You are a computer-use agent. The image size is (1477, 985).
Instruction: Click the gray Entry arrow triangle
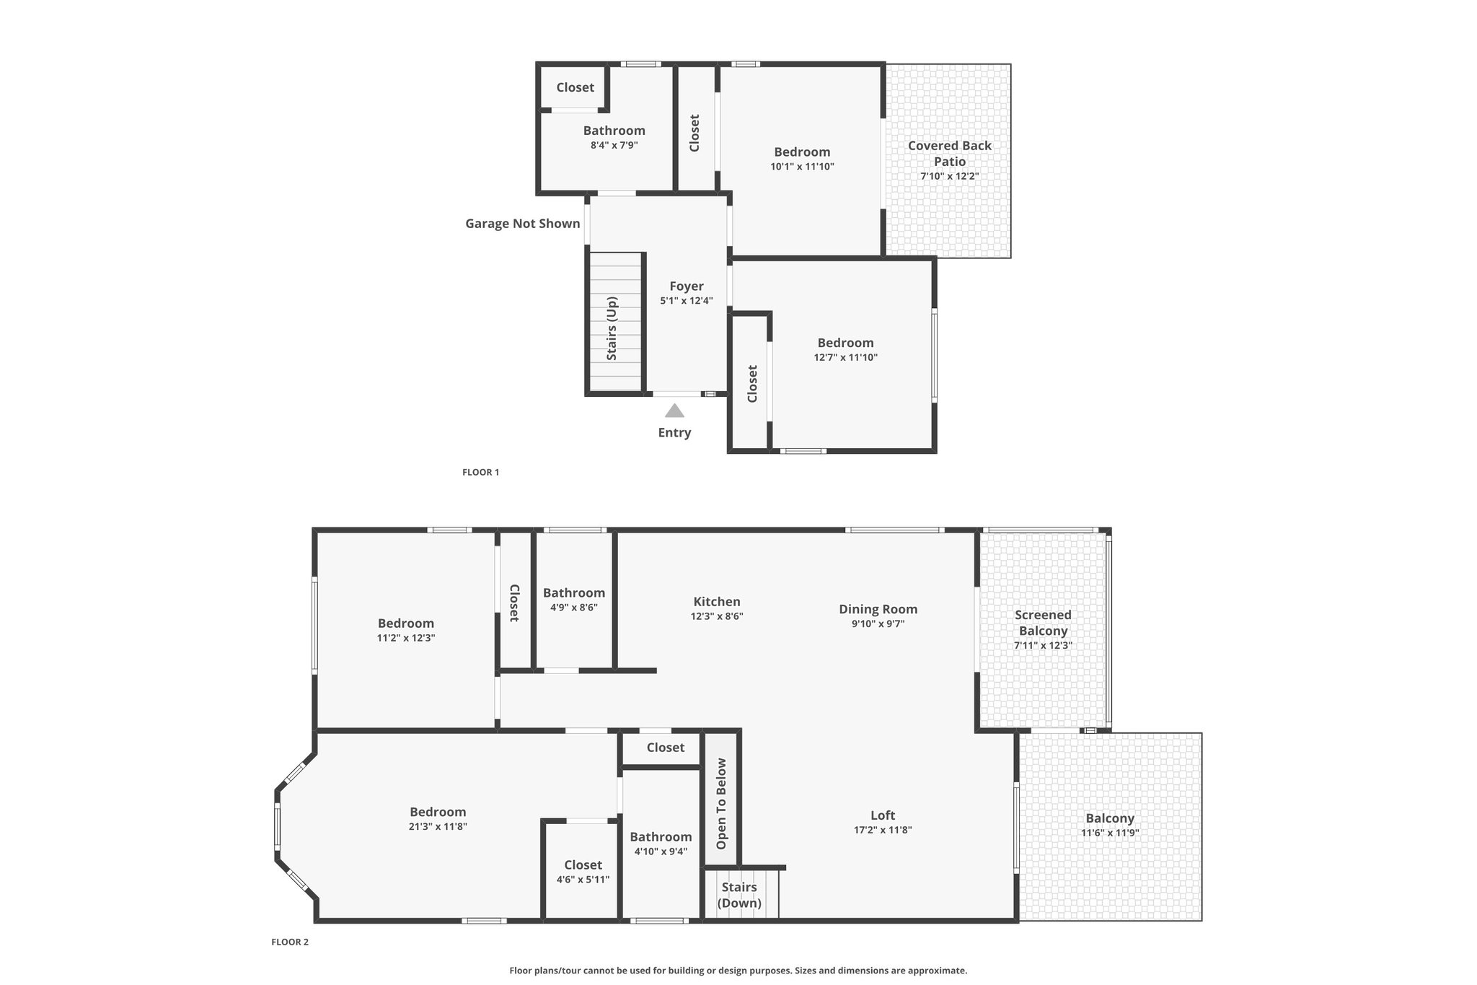point(674,411)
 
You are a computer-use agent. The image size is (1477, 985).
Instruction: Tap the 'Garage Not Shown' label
point(523,224)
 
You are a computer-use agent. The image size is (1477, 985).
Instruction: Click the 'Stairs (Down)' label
point(740,895)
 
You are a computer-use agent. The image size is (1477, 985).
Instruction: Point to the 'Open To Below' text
point(722,804)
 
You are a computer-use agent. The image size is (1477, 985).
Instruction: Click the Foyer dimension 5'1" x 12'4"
point(687,301)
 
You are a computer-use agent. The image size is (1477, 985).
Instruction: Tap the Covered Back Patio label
point(950,153)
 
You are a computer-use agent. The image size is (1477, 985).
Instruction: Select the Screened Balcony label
point(1043,623)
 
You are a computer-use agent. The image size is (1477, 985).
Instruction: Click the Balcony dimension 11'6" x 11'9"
point(1110,833)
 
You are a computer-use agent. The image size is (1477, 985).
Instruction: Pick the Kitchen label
point(717,602)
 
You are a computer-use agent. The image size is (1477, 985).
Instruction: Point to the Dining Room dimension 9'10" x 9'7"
point(878,623)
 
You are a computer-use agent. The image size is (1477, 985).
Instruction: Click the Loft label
point(883,815)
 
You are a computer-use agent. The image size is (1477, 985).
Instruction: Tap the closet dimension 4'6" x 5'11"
point(583,880)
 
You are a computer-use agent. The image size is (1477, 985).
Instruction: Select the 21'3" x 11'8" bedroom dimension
point(438,827)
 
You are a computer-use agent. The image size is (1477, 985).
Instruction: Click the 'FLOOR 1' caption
point(480,473)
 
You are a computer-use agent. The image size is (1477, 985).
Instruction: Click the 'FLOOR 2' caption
point(290,942)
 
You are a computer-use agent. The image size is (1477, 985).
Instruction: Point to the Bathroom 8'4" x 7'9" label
point(614,131)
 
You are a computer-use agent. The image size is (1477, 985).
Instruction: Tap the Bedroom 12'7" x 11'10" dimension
point(846,357)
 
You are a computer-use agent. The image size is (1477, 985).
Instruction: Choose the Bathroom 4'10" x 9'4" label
point(661,837)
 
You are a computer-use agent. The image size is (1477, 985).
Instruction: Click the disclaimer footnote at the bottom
point(738,971)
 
